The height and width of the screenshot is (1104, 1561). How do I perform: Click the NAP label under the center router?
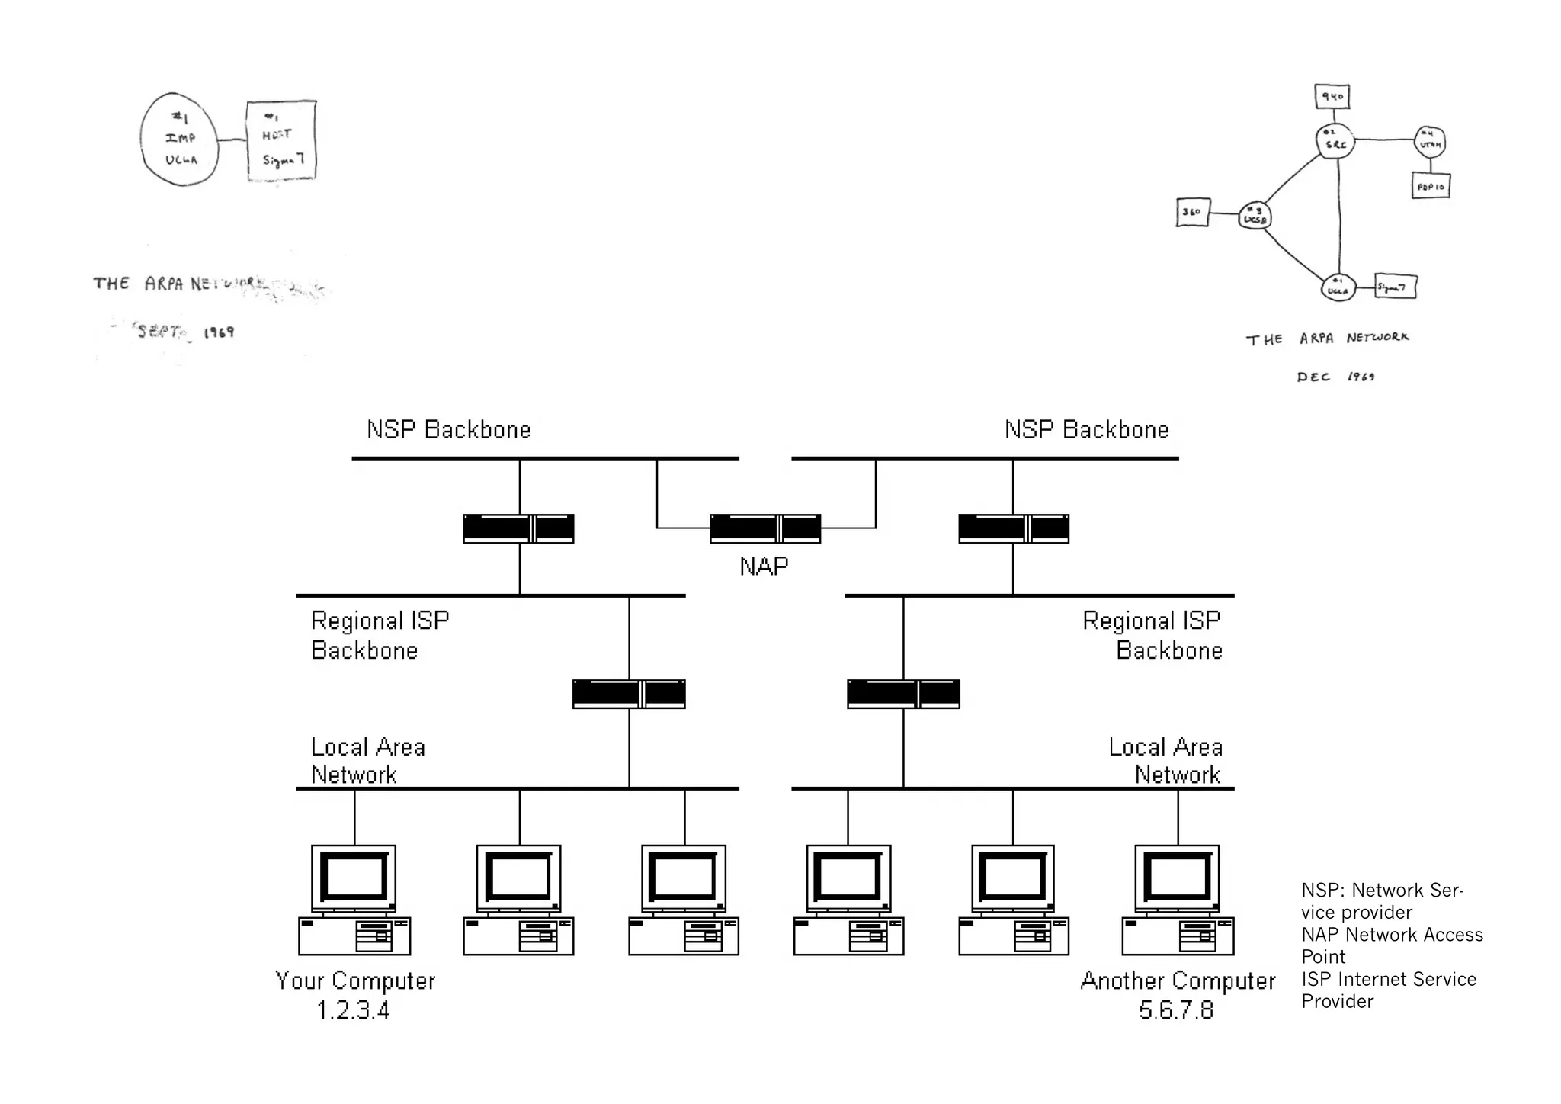point(764,566)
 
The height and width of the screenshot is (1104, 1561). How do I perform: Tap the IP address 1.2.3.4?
point(353,1010)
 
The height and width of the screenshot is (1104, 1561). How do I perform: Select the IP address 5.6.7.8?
point(1176,1010)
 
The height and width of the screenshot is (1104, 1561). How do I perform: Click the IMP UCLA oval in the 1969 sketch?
point(180,140)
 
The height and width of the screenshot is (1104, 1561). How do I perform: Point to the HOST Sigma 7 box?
point(281,140)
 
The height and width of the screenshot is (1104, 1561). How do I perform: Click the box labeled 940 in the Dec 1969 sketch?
point(1332,97)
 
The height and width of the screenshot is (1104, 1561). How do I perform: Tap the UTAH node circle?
point(1430,142)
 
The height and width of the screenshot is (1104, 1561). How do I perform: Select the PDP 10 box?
point(1431,187)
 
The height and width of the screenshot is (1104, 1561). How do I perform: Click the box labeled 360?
point(1193,213)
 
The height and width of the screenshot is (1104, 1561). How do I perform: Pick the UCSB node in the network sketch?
point(1255,216)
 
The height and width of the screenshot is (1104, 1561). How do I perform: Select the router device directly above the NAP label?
point(765,528)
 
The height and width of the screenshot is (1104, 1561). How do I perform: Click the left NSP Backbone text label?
point(449,430)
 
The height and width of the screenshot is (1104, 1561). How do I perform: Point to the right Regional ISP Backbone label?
point(1152,635)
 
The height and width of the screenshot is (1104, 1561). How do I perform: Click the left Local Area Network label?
point(367,760)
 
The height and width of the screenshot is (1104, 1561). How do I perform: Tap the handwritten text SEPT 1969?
point(185,332)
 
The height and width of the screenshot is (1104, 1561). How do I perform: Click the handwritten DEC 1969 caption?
point(1335,377)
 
